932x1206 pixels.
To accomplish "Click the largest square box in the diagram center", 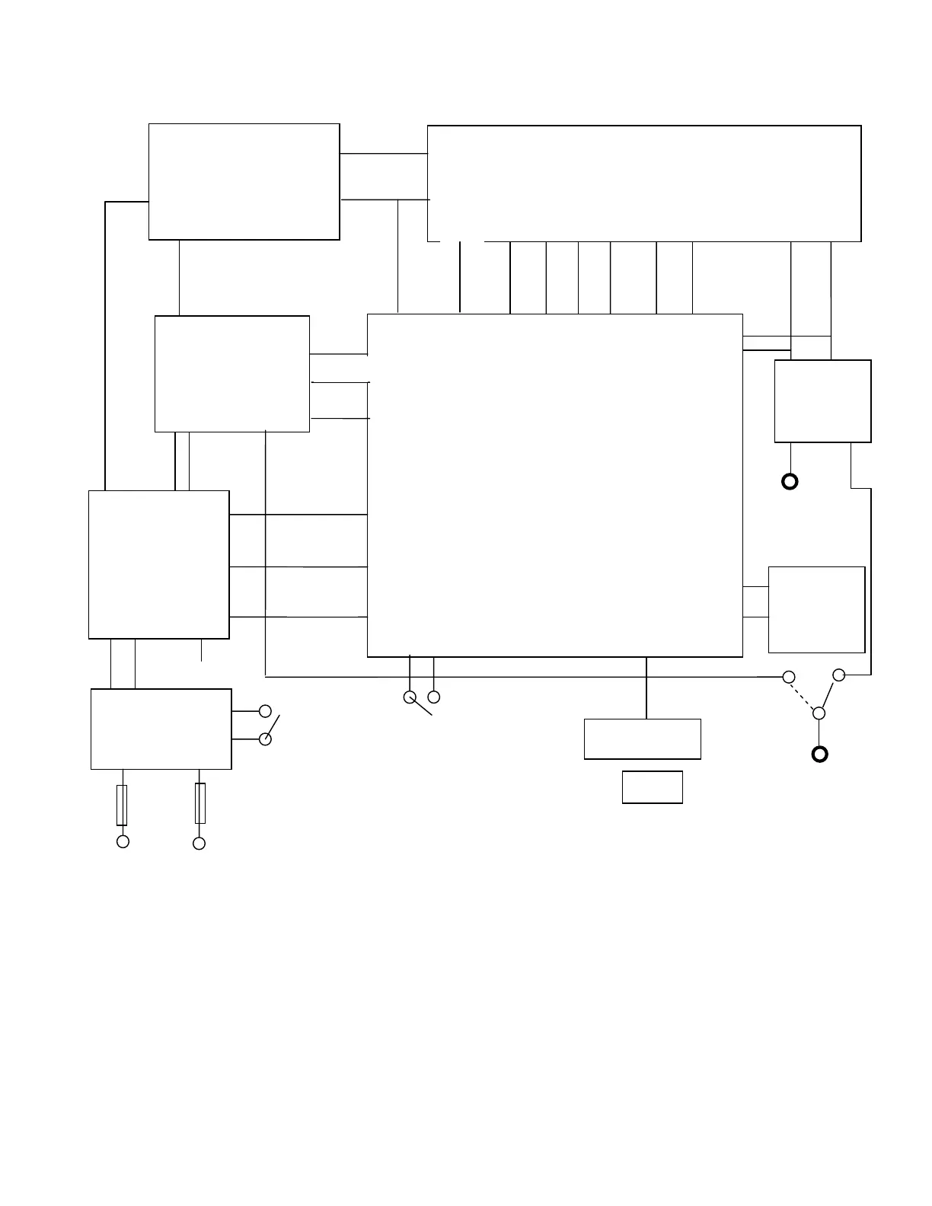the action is pos(554,485).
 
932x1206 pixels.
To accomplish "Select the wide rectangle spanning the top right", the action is pos(644,183).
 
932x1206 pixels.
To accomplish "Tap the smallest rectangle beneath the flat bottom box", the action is pos(652,787).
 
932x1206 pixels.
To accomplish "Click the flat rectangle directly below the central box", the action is pos(642,739).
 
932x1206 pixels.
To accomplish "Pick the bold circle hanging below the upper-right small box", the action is pos(790,481).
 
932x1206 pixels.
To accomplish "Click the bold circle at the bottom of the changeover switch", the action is pos(819,755).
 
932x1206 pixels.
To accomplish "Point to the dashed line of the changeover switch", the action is pos(804,695).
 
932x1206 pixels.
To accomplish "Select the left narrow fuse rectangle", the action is pos(122,806).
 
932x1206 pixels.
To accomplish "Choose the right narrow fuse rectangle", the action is pos(200,803).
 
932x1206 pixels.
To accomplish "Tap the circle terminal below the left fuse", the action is pos(122,841).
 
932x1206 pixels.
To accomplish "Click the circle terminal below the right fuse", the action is pos(199,843).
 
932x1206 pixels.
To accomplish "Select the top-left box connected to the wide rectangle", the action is pos(244,181).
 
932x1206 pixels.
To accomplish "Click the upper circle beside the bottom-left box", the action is pos(265,711).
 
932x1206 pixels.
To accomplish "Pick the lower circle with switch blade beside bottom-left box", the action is pos(265,739).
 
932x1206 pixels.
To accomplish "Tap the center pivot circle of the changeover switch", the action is pos(819,713).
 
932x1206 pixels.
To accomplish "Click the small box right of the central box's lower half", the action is pos(816,609).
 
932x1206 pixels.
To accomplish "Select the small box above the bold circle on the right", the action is pos(822,401).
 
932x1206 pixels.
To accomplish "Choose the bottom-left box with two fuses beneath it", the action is pos(161,729).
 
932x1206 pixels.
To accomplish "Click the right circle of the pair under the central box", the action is pos(434,697).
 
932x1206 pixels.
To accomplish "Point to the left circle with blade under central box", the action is pos(410,697).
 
